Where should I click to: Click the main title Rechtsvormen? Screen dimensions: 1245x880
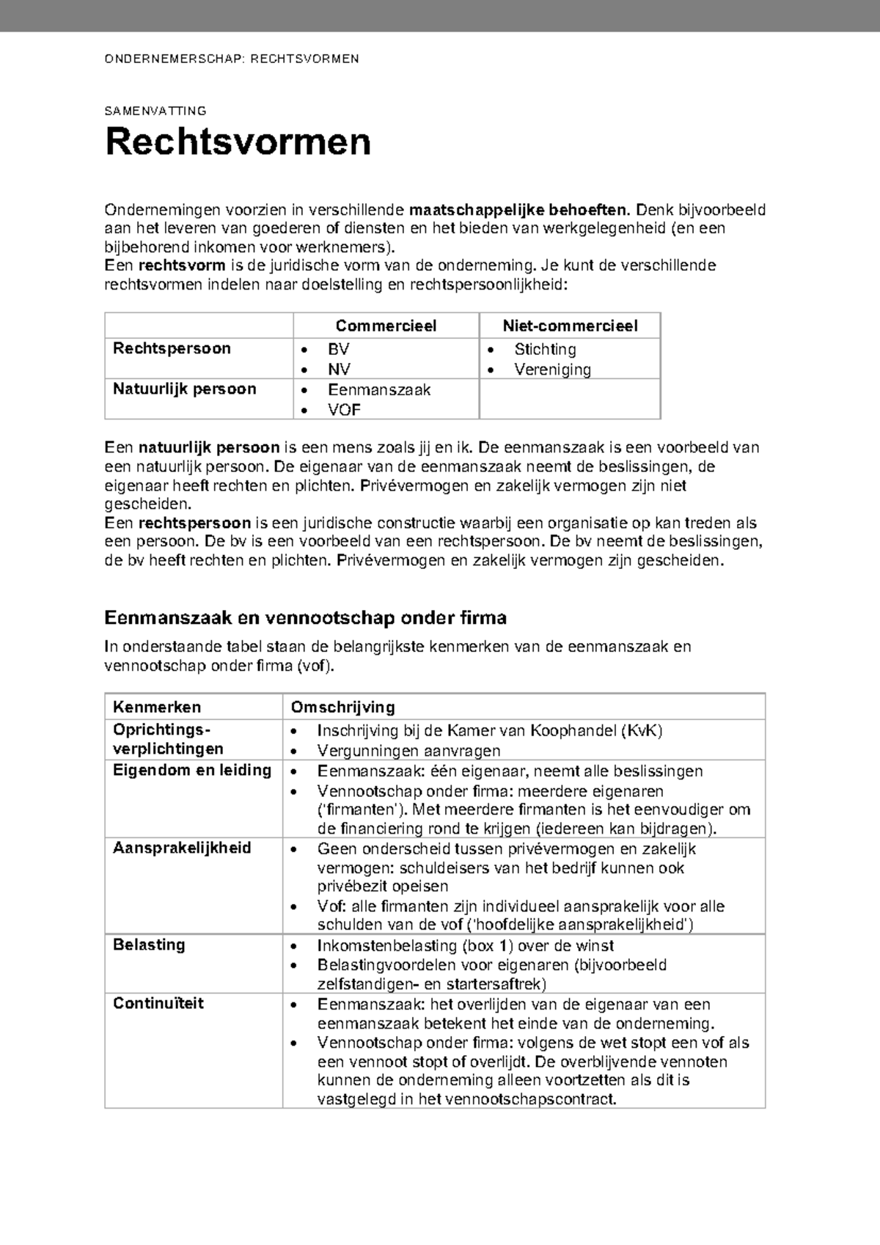pyautogui.click(x=238, y=142)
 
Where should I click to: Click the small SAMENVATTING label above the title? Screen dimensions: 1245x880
pyautogui.click(x=155, y=111)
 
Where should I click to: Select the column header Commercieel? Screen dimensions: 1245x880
pyautogui.click(x=386, y=326)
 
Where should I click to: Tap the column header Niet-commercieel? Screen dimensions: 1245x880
pyautogui.click(x=570, y=326)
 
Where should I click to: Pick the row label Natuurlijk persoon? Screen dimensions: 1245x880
pyautogui.click(x=184, y=389)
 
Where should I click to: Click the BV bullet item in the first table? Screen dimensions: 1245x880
pyautogui.click(x=339, y=350)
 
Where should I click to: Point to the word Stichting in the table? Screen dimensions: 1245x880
pyautogui.click(x=545, y=350)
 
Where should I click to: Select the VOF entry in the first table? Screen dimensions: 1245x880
pyautogui.click(x=344, y=410)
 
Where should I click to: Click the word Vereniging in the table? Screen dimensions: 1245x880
pyautogui.click(x=552, y=370)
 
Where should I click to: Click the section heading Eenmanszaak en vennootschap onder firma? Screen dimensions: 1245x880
pyautogui.click(x=306, y=618)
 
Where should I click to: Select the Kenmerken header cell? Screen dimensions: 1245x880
pyautogui.click(x=157, y=708)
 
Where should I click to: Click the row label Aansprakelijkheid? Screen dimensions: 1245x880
pyautogui.click(x=182, y=848)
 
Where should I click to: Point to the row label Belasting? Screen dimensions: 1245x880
pyautogui.click(x=149, y=945)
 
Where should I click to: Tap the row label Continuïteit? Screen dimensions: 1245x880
pyautogui.click(x=158, y=1004)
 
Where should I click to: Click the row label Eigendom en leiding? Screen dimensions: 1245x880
pyautogui.click(x=192, y=771)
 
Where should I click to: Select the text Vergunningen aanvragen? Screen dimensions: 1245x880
pyautogui.click(x=408, y=751)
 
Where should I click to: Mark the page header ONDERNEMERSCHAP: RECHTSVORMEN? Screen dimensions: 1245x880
pyautogui.click(x=232, y=59)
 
